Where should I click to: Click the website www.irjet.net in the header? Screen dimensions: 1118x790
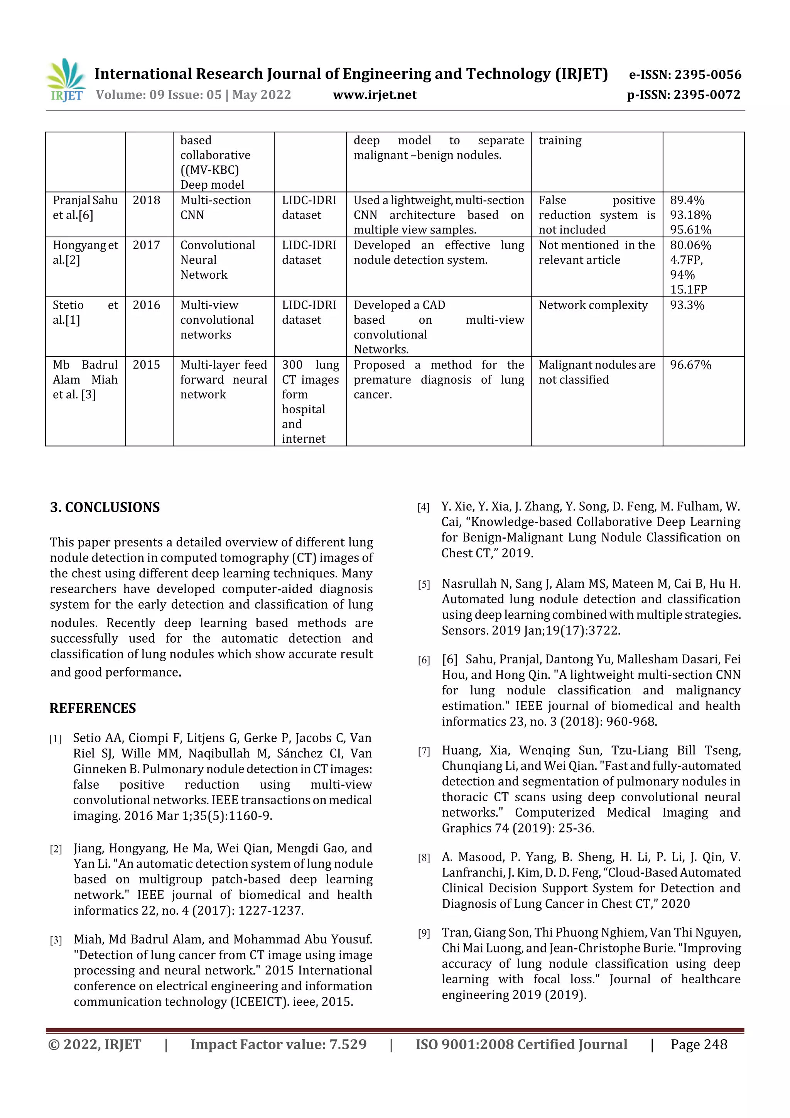tap(374, 95)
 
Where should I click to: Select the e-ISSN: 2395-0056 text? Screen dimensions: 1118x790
tap(685, 74)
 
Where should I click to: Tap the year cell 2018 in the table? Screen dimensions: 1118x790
tap(146, 200)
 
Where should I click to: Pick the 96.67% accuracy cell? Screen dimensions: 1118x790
tap(690, 365)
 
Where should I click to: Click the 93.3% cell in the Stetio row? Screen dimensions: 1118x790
tap(687, 305)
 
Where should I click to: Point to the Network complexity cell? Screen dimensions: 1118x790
tap(592, 305)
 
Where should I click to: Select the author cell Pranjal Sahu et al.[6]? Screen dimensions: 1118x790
tap(85, 208)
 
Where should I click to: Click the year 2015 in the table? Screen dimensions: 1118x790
tap(146, 365)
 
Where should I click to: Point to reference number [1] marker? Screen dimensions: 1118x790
tap(55, 739)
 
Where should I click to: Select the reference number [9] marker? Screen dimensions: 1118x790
tap(424, 934)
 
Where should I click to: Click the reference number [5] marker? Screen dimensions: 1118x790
tap(424, 584)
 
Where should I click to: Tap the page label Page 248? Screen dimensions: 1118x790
tap(699, 1044)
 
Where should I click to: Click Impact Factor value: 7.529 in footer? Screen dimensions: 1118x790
tap(278, 1044)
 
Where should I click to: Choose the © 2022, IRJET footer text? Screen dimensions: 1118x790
tap(95, 1044)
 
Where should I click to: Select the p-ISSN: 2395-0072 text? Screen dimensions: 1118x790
tap(684, 95)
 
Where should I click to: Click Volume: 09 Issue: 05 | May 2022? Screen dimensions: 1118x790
tap(193, 95)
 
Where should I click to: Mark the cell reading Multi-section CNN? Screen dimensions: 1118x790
tap(215, 208)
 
